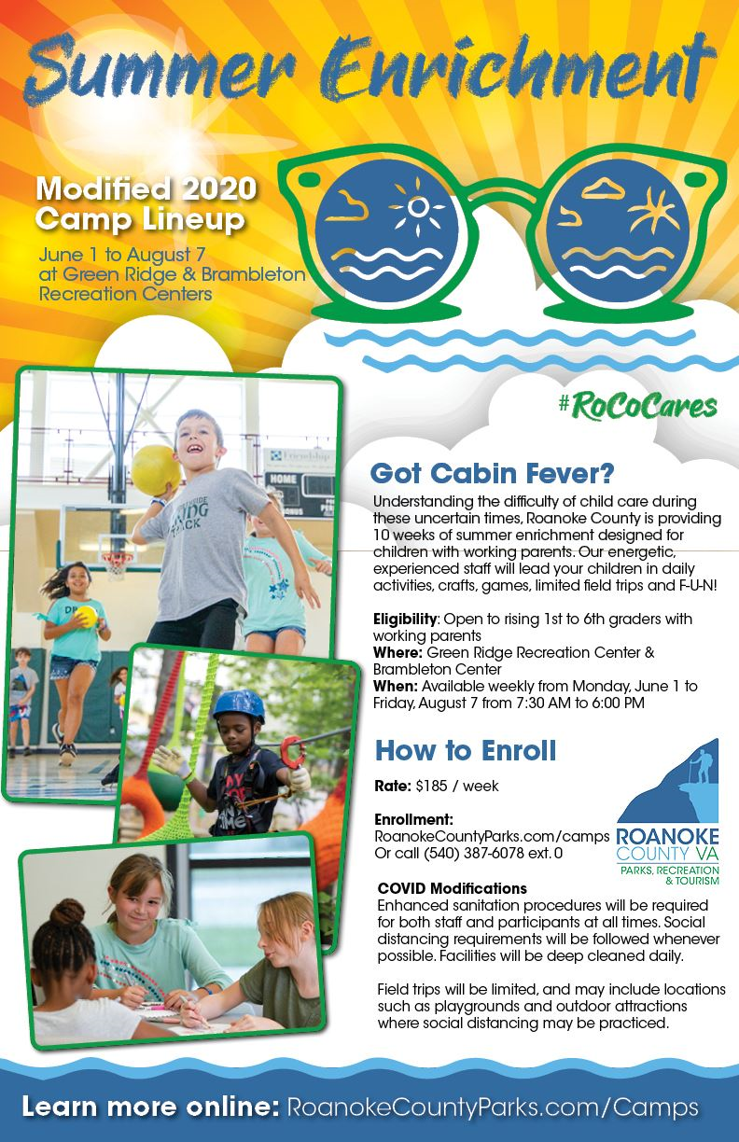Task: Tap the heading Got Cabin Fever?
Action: pyautogui.click(x=465, y=473)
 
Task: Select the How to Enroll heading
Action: pyautogui.click(x=465, y=749)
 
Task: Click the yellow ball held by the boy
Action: pyautogui.click(x=156, y=464)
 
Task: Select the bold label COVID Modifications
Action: pyautogui.click(x=453, y=887)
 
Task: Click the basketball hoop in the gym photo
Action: pyautogui.click(x=116, y=564)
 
